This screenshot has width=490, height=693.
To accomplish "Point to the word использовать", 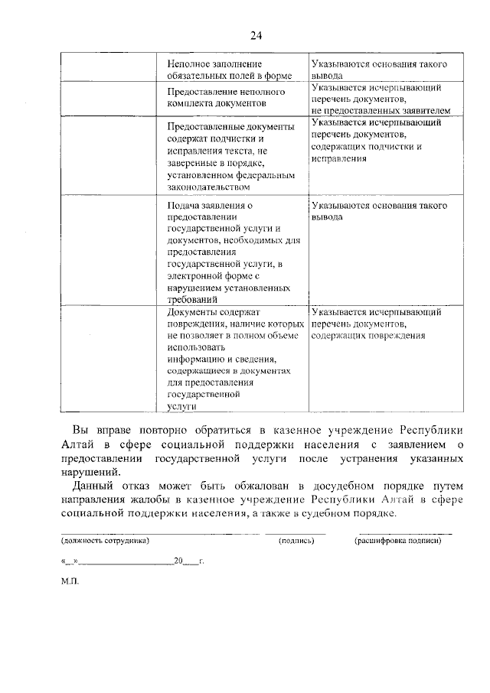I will click(x=191, y=346).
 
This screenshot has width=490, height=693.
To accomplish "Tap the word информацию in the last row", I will click(x=191, y=358).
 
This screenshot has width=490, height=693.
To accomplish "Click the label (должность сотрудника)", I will click(x=106, y=541).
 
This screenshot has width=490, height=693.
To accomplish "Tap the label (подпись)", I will click(x=297, y=541).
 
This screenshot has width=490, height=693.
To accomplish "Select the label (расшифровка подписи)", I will click(x=397, y=541).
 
